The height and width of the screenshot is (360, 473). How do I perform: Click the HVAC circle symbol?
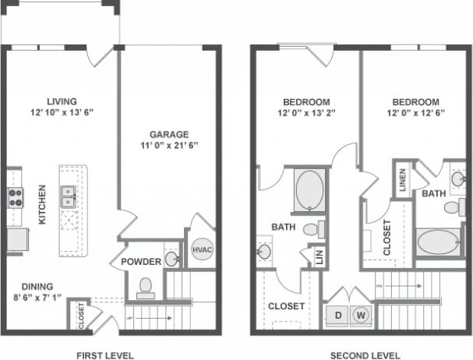202,249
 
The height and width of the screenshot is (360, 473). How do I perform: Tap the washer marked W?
361,316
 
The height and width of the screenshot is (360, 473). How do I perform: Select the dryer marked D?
340,316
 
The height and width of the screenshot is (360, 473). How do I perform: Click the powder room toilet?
146,288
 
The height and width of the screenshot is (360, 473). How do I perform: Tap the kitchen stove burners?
14,197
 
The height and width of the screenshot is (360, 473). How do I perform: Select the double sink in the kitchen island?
68,196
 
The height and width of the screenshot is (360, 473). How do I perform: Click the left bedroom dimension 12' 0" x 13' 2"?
305,114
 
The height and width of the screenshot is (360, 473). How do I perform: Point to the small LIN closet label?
318,255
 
